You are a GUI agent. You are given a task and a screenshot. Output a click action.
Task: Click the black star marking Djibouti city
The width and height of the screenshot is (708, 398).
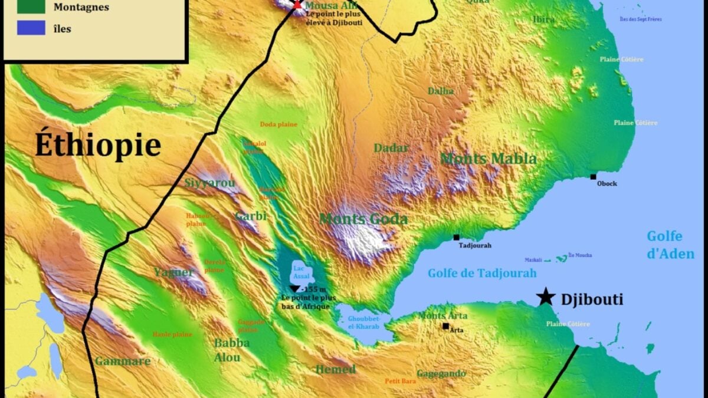point(546,297)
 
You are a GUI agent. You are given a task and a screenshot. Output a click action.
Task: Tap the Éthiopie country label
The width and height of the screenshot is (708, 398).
point(98,145)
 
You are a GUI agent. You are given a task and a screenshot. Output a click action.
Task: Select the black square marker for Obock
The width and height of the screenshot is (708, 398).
point(593,176)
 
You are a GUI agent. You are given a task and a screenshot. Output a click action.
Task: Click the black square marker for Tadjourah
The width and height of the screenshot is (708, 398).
point(456,237)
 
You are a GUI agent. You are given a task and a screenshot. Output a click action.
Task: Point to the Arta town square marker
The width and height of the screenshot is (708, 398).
point(445,325)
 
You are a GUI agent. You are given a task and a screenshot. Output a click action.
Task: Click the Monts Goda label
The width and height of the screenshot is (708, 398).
point(363,219)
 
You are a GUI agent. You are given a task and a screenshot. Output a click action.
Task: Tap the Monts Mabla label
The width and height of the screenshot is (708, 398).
point(489,159)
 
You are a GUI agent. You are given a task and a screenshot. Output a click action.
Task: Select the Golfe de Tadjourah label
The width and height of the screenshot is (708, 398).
point(482,273)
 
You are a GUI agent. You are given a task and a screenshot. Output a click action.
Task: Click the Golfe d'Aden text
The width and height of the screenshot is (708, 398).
point(670,245)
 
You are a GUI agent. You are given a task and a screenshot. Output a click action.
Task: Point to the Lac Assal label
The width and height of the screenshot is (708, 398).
point(299,272)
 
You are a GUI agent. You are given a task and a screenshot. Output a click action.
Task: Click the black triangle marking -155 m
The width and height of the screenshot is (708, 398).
point(294,288)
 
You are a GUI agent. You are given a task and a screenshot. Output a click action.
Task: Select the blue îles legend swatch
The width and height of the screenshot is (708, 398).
point(31,28)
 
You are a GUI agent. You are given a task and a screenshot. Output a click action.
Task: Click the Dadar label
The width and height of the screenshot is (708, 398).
point(391,148)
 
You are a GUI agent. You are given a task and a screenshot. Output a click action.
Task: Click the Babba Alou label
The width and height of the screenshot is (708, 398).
point(231,350)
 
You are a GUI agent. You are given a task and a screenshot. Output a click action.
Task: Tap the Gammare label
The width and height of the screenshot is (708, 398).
point(123,361)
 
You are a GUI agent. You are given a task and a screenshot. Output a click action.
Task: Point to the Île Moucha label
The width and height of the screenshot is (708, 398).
point(580,255)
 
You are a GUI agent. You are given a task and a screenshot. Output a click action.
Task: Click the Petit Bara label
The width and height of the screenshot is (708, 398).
point(400,381)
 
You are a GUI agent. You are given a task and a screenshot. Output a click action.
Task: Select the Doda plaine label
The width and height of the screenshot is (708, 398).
point(278,124)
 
